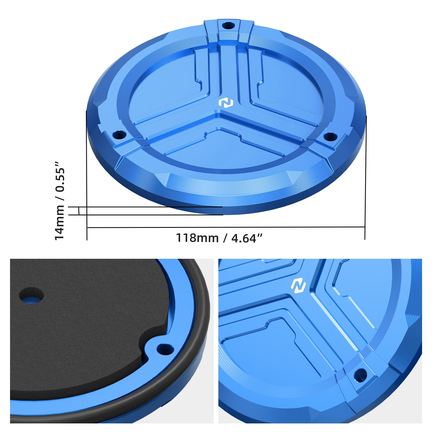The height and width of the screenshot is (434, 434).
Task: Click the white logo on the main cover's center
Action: (x=226, y=103)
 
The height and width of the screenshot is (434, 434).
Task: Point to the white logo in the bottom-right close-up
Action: (x=298, y=286)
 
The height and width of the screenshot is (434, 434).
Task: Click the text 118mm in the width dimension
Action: (x=197, y=238)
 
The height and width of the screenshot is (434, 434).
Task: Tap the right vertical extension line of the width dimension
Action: (x=365, y=176)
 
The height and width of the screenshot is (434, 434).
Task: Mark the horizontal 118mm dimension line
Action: (x=225, y=227)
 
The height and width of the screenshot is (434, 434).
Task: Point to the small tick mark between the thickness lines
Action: (x=79, y=211)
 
